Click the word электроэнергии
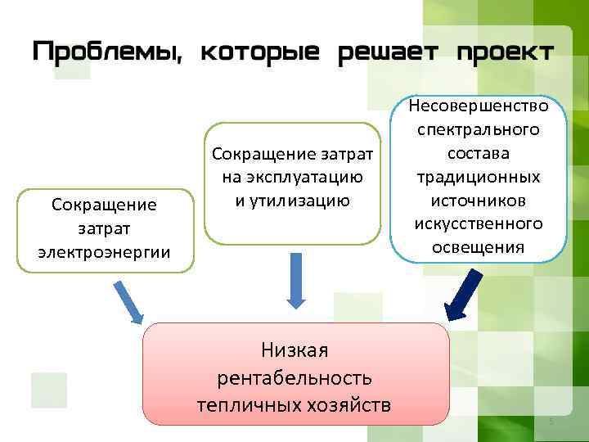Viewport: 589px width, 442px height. click(x=104, y=250)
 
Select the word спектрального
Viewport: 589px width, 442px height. click(x=479, y=130)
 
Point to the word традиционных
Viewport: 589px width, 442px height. click(x=479, y=177)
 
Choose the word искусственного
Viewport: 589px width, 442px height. click(x=479, y=223)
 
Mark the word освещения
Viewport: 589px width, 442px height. click(x=479, y=247)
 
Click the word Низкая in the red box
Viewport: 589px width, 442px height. click(x=294, y=351)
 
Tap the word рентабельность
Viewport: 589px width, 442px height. click(x=294, y=377)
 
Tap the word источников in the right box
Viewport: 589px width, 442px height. click(x=479, y=201)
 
